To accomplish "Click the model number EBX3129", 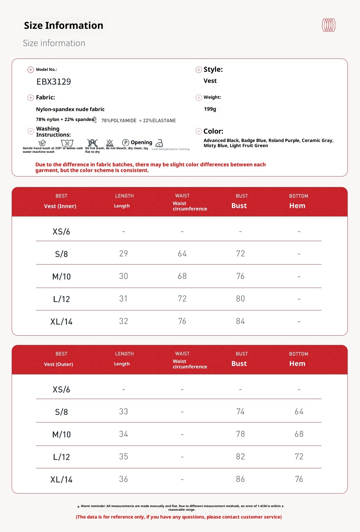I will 54,82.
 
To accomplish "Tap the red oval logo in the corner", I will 328,25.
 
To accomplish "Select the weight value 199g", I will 210,109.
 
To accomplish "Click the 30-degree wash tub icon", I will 67,143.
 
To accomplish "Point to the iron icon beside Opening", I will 159,143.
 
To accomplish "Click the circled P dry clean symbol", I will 126,143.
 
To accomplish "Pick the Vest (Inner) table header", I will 60,206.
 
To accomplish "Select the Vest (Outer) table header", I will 58,364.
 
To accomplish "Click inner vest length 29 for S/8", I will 124,254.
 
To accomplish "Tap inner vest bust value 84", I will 240,321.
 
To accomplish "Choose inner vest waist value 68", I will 182,276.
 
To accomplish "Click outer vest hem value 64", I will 299,412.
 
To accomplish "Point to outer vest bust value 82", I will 240,457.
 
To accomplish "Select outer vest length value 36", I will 124,479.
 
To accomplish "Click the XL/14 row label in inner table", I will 61,322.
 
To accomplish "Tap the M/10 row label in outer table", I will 61,434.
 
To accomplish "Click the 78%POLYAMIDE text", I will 119,121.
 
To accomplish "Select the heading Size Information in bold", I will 64,26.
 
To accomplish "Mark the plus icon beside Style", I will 199,70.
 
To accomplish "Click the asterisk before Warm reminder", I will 78,507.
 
